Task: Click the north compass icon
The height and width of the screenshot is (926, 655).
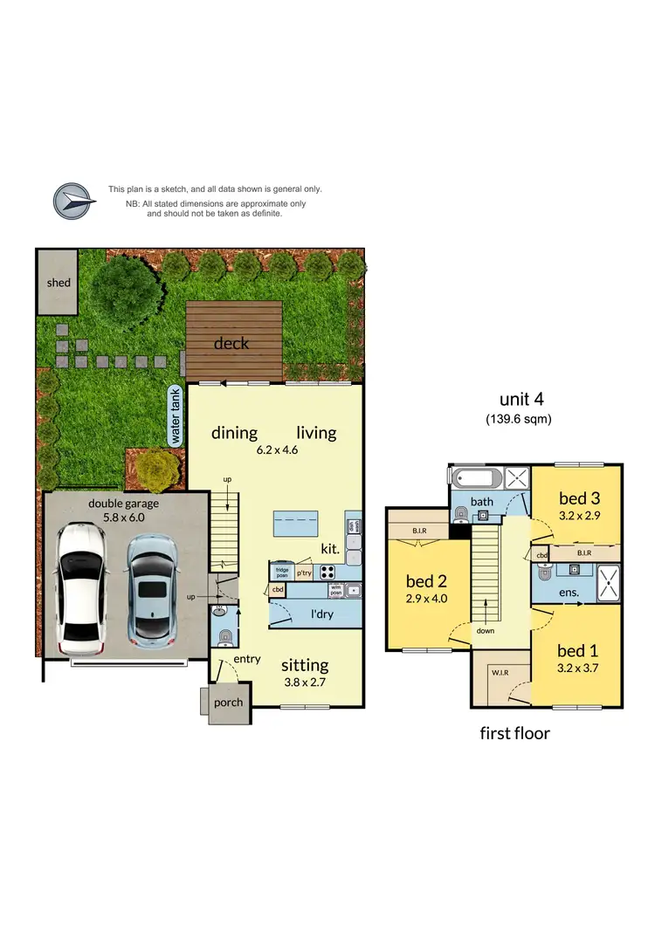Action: [72, 200]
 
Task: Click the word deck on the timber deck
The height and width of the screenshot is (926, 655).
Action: [231, 343]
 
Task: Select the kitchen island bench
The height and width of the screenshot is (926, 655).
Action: [300, 525]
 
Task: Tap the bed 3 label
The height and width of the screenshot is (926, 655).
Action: [580, 498]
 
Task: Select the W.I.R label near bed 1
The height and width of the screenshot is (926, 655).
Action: [500, 673]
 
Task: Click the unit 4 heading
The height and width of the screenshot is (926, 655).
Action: [522, 399]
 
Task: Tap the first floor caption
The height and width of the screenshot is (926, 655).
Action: [515, 733]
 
